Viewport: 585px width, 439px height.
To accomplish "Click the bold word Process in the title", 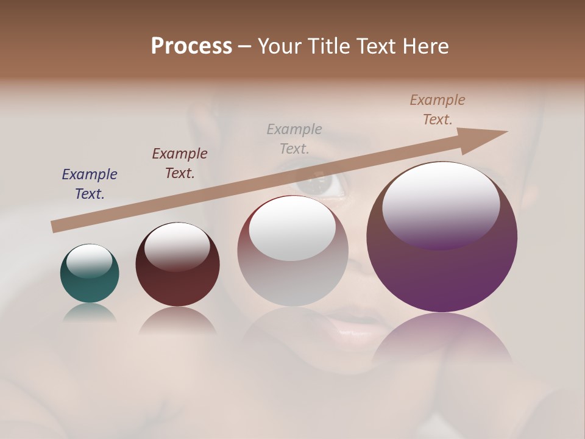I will (191, 46).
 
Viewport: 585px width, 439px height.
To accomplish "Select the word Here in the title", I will (425, 46).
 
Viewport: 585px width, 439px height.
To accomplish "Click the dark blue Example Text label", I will (90, 184).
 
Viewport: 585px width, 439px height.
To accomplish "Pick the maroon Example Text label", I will (180, 163).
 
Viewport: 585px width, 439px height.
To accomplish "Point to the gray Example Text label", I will (294, 138).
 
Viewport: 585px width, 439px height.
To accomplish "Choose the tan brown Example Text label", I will (438, 110).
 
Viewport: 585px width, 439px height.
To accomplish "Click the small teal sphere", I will (90, 287).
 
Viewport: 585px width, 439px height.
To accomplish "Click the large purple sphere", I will (442, 274).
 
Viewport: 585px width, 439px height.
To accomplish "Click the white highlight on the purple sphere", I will (441, 204).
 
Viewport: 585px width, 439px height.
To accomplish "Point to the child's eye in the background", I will (321, 185).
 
